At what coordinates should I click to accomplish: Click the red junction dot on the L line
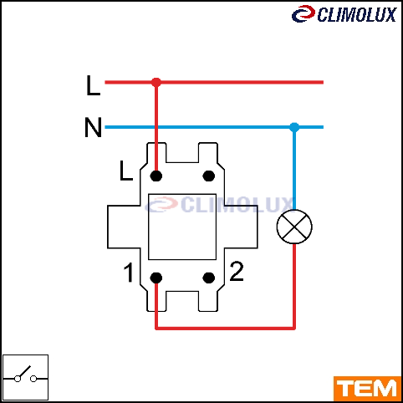pos(156,82)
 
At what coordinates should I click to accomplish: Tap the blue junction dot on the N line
pos(294,127)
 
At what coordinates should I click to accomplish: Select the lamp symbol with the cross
pos(294,227)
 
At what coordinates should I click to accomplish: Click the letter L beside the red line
pos(93,85)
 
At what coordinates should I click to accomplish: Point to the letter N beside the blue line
pos(93,127)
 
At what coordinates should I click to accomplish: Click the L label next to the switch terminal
pos(126,171)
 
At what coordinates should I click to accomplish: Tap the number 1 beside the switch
pos(129,273)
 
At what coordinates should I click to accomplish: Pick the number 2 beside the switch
pos(237,271)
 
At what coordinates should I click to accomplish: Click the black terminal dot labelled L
pos(156,176)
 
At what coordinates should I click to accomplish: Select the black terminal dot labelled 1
pos(156,278)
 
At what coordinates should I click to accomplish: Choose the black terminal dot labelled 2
pos(209,278)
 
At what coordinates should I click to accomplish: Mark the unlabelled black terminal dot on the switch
pos(209,176)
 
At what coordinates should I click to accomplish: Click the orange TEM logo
pos(367,389)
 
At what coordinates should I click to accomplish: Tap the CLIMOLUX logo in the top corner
pos(344,14)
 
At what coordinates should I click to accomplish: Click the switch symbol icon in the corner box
pos(25,377)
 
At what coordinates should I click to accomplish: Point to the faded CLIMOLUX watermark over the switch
pos(219,205)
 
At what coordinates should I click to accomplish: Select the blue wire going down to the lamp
pos(294,168)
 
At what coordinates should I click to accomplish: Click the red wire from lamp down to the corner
pos(294,287)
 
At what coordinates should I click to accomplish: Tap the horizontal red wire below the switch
pos(225,328)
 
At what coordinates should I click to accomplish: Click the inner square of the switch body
pos(182,227)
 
